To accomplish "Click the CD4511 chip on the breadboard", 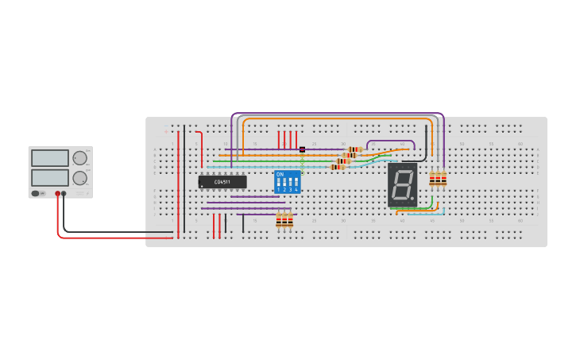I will (x=222, y=182).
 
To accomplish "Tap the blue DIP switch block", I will (x=287, y=181).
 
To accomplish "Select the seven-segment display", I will (x=403, y=185).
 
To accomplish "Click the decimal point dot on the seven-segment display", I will (x=412, y=198).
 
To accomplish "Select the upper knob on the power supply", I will (x=79, y=158).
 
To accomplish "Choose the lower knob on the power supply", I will (x=79, y=177).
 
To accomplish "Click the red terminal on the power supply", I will (x=58, y=193).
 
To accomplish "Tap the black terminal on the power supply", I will (x=64, y=193).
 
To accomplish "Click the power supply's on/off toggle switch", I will (x=36, y=193).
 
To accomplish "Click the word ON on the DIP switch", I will (x=280, y=174).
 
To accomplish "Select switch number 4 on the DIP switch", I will (x=296, y=184).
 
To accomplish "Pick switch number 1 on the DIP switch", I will (x=279, y=184).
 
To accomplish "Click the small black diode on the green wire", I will (x=302, y=149).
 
